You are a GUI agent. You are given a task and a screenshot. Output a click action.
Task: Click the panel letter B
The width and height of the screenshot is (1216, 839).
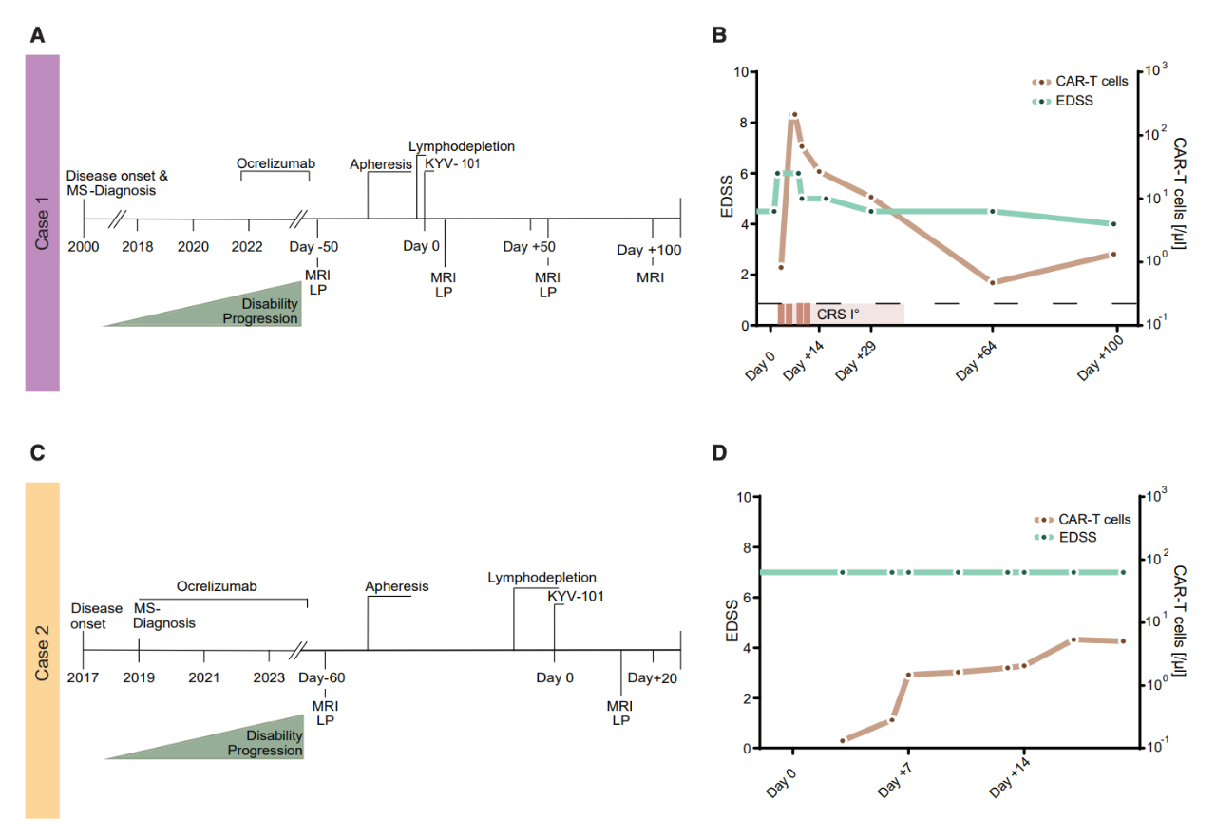(x=719, y=35)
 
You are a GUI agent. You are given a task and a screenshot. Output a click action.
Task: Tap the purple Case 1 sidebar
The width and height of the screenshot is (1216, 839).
(x=43, y=222)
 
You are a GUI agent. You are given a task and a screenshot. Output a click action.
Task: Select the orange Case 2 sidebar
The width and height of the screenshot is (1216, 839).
(x=43, y=650)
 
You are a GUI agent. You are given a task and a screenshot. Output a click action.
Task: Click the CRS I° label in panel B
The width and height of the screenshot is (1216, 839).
(x=838, y=315)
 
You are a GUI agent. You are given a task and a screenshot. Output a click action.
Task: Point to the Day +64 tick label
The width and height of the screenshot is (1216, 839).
(x=976, y=360)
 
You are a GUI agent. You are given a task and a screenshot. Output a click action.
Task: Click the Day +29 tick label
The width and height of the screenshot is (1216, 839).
(x=856, y=360)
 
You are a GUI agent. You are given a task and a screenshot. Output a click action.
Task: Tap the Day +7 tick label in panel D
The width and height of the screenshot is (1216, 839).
(x=894, y=779)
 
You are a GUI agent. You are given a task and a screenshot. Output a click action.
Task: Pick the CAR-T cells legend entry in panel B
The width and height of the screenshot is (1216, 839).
(x=1080, y=82)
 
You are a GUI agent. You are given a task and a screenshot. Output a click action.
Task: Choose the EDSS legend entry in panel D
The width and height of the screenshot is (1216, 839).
(x=1063, y=537)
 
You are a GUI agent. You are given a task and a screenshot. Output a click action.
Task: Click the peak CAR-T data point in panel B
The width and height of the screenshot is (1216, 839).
(x=795, y=115)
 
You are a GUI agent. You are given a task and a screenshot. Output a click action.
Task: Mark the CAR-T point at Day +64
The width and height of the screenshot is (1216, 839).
(x=993, y=282)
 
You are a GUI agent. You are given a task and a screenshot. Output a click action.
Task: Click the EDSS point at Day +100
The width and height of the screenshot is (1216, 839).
(x=1114, y=223)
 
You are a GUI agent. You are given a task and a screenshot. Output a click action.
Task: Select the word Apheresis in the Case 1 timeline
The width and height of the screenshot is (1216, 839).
(x=381, y=164)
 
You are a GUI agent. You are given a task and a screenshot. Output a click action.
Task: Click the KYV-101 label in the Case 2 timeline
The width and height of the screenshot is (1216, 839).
(x=576, y=596)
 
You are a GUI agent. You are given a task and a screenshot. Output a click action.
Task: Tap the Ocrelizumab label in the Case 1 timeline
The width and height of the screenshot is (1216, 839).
(x=275, y=163)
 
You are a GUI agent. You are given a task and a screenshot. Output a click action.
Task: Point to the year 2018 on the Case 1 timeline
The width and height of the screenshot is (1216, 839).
(x=138, y=246)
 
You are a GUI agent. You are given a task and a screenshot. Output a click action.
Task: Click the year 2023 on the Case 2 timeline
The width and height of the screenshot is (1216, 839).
(x=269, y=677)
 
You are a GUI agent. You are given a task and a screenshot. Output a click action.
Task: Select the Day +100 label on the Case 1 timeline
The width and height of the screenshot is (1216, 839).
(x=649, y=250)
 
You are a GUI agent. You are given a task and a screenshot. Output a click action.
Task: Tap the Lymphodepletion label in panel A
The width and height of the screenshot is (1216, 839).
(x=462, y=146)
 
